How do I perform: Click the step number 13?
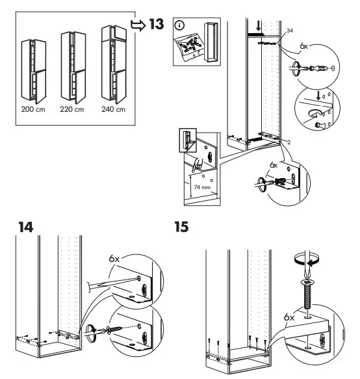tap(157, 25)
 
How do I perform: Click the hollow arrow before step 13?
tap(138, 25)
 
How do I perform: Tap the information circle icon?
tap(180, 26)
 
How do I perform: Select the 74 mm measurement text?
tap(202, 188)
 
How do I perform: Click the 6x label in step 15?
tap(289, 317)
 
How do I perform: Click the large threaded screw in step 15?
tap(307, 296)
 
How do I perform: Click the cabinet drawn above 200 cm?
tap(32, 70)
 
